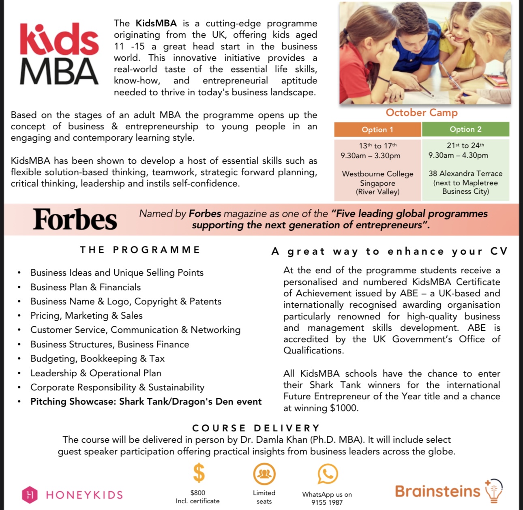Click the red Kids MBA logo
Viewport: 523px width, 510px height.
tap(59, 54)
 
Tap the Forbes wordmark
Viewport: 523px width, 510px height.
tap(75, 219)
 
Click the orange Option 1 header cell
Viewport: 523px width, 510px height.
tap(377, 130)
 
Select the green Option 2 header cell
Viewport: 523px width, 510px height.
tap(465, 129)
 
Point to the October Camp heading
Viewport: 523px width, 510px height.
tap(422, 113)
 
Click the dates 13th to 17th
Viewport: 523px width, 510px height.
tap(377, 146)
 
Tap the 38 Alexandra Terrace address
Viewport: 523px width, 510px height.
tap(465, 174)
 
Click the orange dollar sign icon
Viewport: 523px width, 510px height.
tap(198, 473)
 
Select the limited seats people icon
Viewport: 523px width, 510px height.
tap(264, 474)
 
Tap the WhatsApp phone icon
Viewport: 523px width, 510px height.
tap(327, 474)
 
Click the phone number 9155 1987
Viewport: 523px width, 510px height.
tap(327, 503)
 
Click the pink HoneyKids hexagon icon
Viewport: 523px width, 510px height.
tap(29, 495)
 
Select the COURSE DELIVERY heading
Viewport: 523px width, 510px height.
tap(256, 428)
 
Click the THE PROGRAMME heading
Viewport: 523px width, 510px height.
tap(140, 250)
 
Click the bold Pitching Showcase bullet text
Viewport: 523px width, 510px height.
tap(146, 402)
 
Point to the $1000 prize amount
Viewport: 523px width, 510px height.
tap(344, 408)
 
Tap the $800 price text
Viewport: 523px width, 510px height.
tap(198, 493)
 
